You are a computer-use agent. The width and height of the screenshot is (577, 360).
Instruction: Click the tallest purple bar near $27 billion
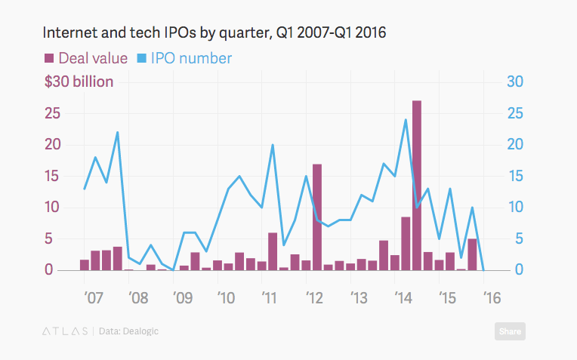tap(417, 185)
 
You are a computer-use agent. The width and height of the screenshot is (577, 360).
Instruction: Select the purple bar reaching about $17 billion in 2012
tap(317, 217)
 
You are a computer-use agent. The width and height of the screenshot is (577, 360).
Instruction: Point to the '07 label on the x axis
tap(94, 297)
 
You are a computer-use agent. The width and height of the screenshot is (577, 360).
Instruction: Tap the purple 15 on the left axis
tap(51, 176)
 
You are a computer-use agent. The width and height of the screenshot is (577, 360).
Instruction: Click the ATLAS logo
tap(63, 331)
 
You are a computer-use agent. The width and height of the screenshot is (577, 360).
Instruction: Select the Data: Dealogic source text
tap(128, 331)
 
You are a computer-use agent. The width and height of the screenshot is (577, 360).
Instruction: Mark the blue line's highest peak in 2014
tap(406, 120)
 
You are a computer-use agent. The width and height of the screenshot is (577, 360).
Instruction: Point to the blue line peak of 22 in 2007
tap(118, 133)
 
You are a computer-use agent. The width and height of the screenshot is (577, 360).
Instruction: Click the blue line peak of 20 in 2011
tap(273, 145)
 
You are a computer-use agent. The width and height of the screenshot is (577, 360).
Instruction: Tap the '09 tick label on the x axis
tap(181, 297)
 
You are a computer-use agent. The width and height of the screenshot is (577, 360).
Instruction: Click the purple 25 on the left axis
tap(51, 113)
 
